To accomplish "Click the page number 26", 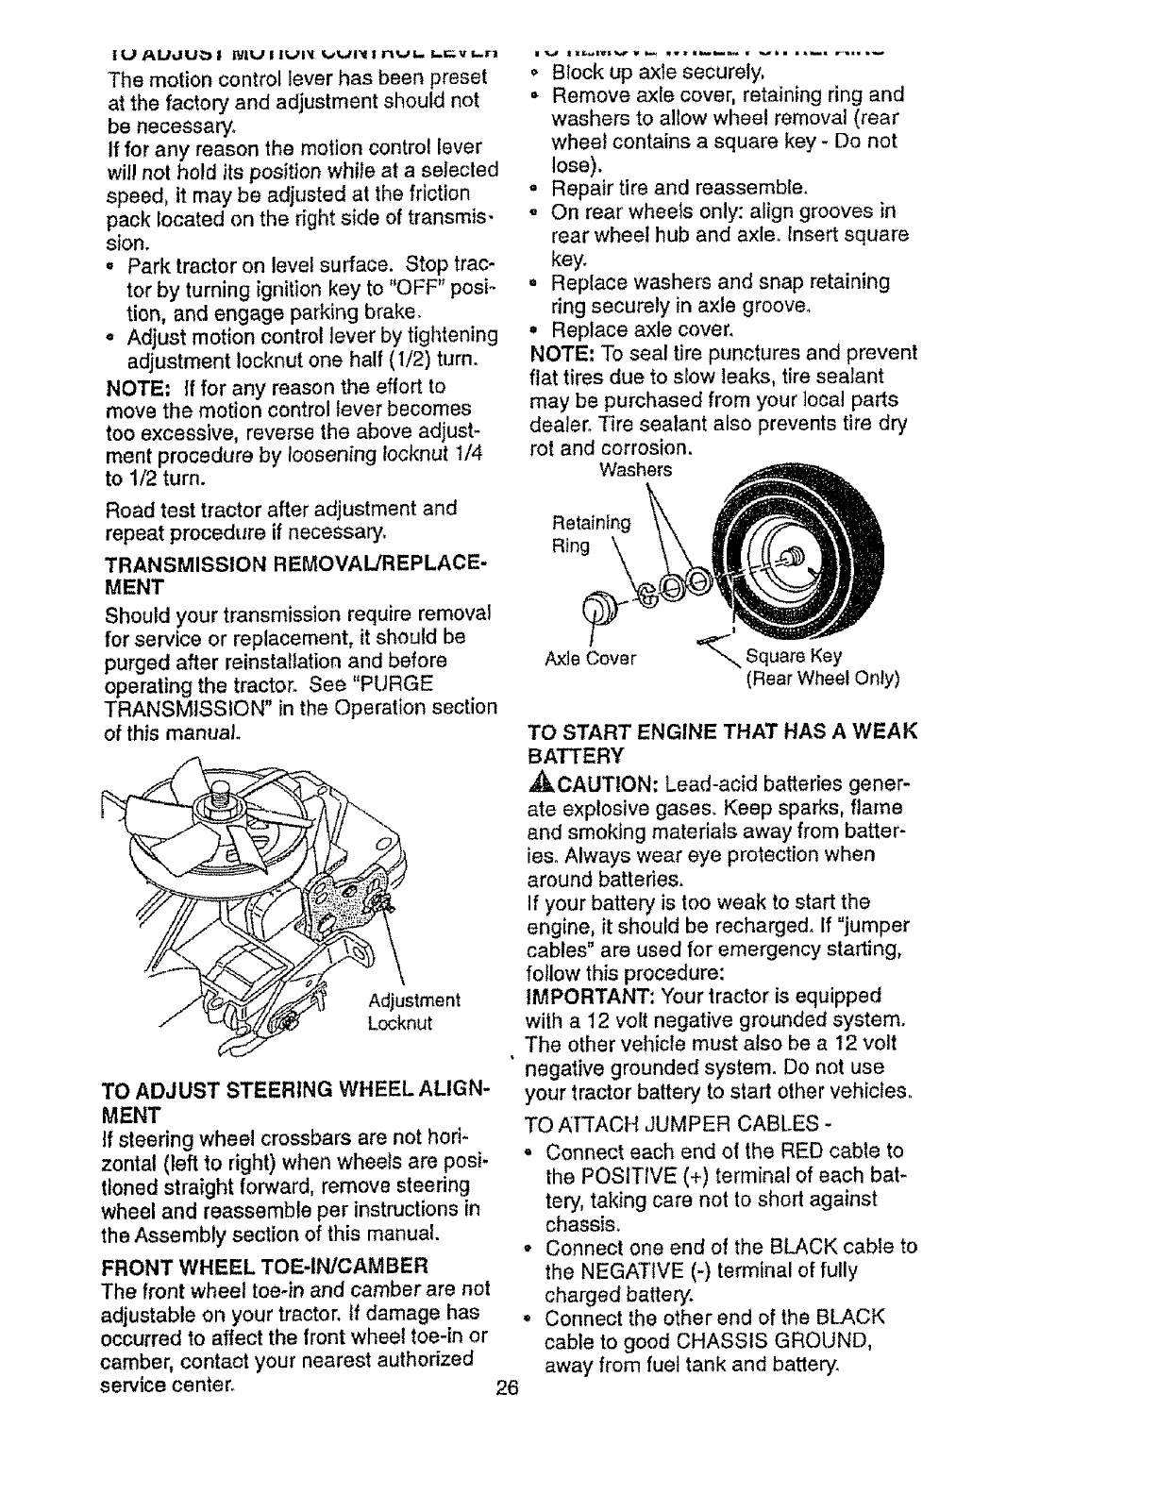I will pyautogui.click(x=509, y=1389).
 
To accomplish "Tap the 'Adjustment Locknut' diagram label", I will pyautogui.click(x=413, y=1012).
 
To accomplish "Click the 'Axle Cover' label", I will pyautogui.click(x=593, y=657).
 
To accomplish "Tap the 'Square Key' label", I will pyautogui.click(x=794, y=656).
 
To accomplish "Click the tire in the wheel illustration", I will pyautogui.click(x=840, y=604).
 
